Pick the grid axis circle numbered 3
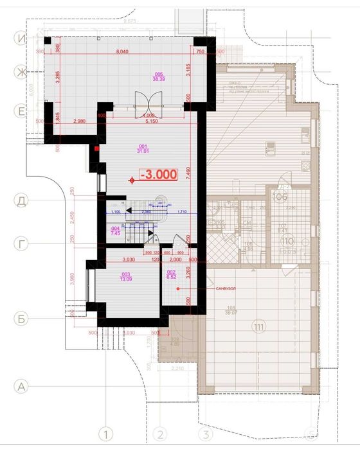(x=206, y=434)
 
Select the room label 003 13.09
(x=125, y=277)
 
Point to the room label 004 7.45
(x=115, y=232)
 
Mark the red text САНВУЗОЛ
(x=227, y=288)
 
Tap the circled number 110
(x=286, y=242)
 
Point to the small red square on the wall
(x=96, y=149)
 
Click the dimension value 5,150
(x=151, y=121)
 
